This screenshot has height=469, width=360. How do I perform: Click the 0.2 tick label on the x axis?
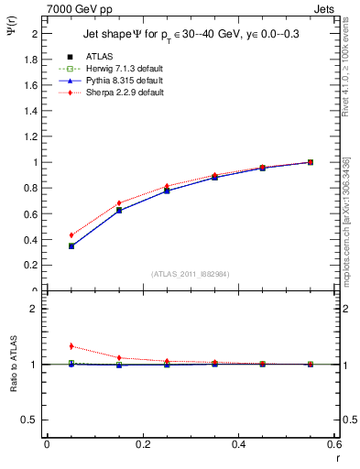(142, 444)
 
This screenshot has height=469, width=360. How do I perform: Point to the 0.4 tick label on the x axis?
(238, 444)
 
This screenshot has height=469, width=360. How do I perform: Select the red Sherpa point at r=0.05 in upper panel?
(71, 235)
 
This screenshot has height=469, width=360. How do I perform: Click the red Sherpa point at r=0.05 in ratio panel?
(71, 346)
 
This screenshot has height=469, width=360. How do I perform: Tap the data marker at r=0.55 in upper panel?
(311, 162)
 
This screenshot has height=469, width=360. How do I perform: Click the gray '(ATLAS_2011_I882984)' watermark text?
(190, 274)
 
